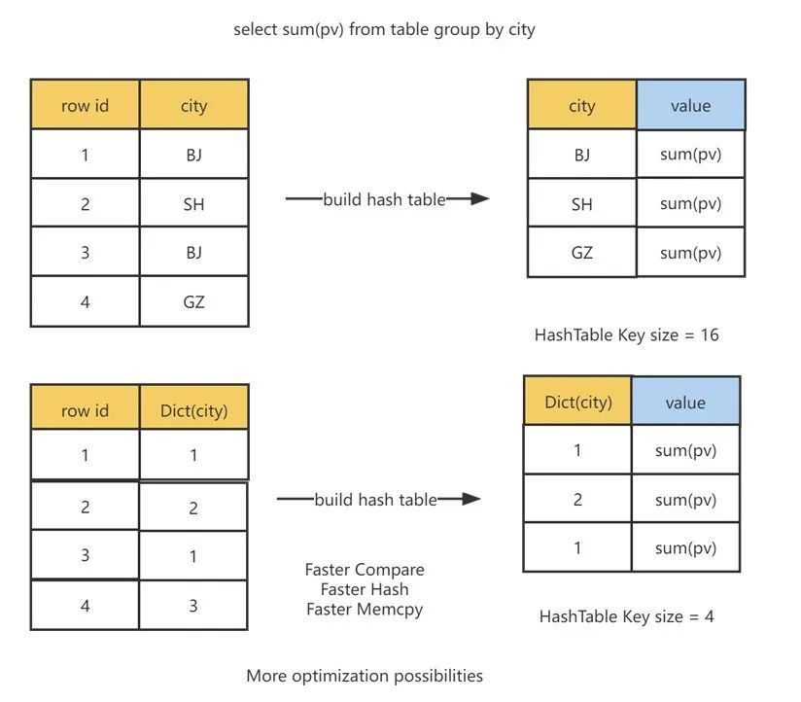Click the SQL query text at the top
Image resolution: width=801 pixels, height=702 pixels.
[384, 29]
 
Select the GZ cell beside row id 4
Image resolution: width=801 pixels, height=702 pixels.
[194, 301]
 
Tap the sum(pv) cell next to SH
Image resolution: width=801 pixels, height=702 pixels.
[690, 203]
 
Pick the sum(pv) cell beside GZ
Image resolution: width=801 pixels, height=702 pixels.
[690, 253]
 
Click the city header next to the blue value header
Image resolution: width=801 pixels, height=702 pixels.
[582, 105]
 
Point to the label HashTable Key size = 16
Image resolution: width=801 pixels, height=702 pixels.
[626, 335]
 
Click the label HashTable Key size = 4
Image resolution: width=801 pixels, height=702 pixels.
[626, 616]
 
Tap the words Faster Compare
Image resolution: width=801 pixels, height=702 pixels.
[365, 569]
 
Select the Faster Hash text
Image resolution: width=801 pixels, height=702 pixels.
[365, 589]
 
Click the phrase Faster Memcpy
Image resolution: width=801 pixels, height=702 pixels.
[365, 609]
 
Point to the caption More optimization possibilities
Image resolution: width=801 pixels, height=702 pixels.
[365, 676]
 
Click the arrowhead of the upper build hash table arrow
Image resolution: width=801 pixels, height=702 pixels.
[479, 198]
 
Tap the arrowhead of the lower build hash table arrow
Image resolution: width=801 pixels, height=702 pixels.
[470, 499]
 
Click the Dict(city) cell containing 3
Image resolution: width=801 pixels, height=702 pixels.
[193, 606]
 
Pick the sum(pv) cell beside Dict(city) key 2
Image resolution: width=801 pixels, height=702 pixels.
[685, 499]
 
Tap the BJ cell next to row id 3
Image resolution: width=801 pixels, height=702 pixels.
[194, 253]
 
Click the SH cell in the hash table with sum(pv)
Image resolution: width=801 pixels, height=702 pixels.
[582, 203]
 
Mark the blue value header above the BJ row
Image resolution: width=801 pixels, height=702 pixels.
[690, 105]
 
